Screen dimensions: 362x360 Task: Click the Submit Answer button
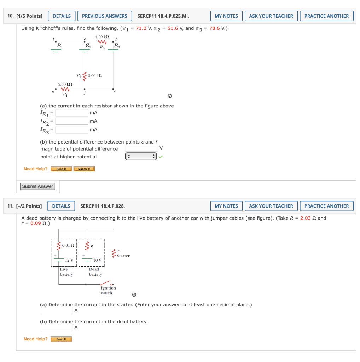click(37, 186)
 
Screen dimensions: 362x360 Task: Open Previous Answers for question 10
click(104, 16)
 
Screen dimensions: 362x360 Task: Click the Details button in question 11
click(61, 206)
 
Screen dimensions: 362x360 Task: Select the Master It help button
click(84, 169)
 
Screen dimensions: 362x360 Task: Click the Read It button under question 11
click(61, 339)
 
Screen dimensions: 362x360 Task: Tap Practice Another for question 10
click(326, 16)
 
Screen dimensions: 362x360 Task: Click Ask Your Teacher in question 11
click(271, 206)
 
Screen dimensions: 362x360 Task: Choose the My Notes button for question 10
click(226, 16)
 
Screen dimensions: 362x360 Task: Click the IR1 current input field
click(71, 113)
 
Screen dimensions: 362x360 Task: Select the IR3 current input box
click(71, 130)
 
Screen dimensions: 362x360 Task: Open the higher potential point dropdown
click(141, 157)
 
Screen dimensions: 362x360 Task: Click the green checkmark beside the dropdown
click(161, 157)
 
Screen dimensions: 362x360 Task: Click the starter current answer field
click(56, 310)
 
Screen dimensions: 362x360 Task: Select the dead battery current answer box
click(56, 327)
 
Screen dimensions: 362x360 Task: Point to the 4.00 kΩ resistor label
click(102, 37)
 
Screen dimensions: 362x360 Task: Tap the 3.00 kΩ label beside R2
click(95, 76)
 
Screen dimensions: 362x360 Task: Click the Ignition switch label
click(108, 291)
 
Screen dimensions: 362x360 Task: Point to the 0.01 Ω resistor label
click(68, 245)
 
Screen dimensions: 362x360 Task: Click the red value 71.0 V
click(143, 28)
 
